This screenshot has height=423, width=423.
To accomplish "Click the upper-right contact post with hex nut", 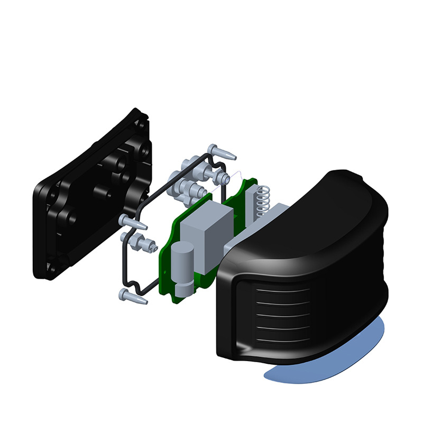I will [217, 174].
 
